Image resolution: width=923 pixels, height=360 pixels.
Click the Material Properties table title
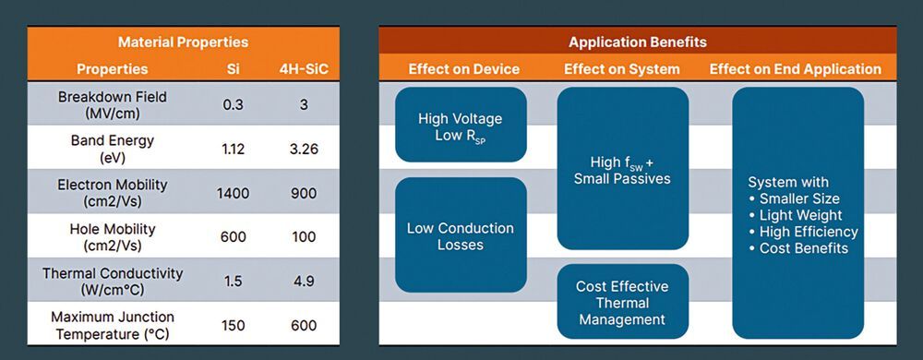183,42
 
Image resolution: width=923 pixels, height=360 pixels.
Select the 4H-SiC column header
303,69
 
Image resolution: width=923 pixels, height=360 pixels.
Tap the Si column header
233,69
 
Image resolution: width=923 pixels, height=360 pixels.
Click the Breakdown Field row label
112,104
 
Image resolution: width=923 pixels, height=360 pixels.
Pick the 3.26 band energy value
303,149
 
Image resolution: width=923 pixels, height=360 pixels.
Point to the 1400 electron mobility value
233,193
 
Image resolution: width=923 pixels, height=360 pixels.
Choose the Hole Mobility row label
112,236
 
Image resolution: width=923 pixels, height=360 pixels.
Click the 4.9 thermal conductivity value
303,282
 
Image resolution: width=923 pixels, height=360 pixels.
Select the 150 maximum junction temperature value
233,325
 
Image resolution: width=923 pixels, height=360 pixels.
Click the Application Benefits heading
638,42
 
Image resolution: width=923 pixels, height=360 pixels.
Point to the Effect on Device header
464,69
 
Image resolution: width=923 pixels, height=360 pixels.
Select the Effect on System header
621,69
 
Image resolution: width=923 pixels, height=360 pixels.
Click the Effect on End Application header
796,69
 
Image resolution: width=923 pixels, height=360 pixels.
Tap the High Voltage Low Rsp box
461,125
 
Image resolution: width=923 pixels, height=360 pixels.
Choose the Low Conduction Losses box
461,235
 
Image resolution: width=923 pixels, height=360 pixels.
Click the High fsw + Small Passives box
623,169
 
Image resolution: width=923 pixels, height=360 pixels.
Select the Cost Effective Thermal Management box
623,302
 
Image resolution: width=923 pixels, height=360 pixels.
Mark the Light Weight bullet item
796,215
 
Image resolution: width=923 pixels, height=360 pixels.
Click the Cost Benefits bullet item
798,248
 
